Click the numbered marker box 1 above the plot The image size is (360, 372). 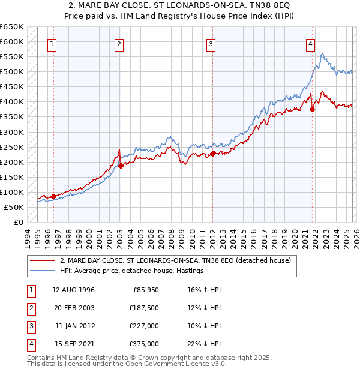(53, 43)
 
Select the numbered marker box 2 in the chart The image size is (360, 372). (119, 43)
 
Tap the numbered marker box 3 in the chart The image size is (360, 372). (211, 43)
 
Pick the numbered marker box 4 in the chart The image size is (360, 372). (311, 43)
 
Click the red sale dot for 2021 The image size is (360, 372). (313, 109)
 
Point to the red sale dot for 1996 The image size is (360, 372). (53, 196)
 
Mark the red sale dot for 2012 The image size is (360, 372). (212, 154)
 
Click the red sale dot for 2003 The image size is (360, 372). (121, 166)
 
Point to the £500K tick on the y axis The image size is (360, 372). (12, 72)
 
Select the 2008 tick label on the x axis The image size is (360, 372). (172, 237)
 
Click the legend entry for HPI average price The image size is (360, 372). (131, 271)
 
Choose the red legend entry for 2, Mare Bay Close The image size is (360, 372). (175, 260)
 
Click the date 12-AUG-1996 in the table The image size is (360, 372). (73, 290)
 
